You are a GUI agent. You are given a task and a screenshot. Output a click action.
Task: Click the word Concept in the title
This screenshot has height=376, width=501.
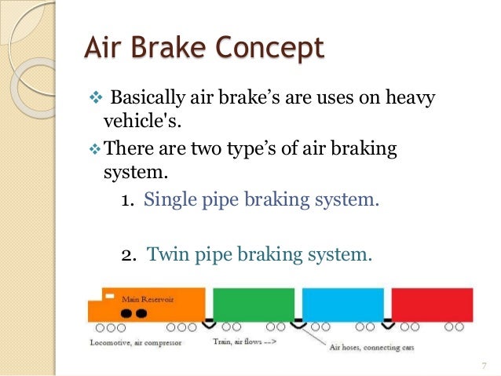[x=268, y=48]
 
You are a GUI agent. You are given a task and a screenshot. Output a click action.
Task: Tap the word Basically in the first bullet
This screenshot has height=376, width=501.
[x=145, y=100]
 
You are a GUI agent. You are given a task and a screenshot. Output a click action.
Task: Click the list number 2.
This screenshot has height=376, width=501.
[x=129, y=254]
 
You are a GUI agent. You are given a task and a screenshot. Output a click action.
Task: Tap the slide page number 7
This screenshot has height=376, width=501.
[x=483, y=365]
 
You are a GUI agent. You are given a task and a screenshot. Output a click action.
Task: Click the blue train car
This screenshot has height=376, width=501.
[x=342, y=305]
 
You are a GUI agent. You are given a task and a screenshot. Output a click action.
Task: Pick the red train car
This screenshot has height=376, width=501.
[x=432, y=305]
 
